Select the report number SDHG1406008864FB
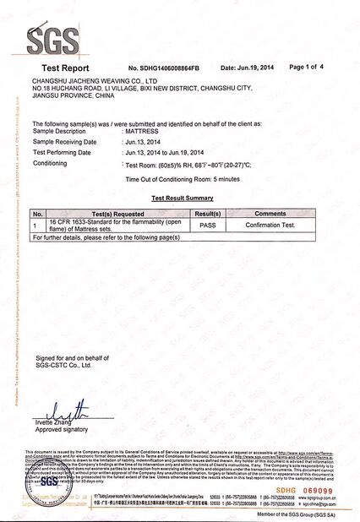click(x=164, y=68)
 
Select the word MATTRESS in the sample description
click(x=142, y=132)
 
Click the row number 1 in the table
click(x=35, y=226)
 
